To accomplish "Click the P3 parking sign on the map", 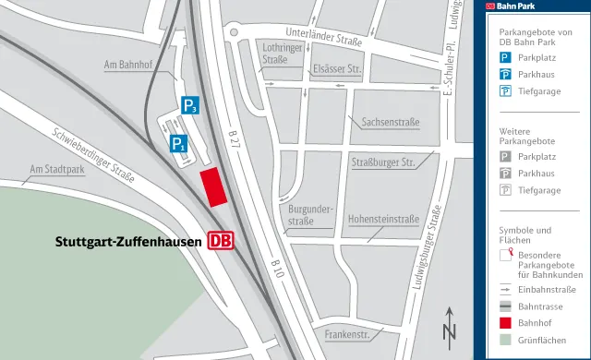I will pos(189,105).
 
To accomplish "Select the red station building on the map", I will pos(213,186).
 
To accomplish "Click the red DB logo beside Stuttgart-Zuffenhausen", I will pos(220,241).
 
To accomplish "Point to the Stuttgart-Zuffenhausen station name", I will pos(128,242).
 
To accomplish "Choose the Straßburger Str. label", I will pos(380,162).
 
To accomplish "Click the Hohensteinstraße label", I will pos(382,220).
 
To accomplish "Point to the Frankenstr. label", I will pos(347,333).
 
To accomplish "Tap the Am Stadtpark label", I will pos(57,169).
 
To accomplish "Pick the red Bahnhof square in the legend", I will pos(505,322).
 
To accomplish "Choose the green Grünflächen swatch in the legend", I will pos(505,340).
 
